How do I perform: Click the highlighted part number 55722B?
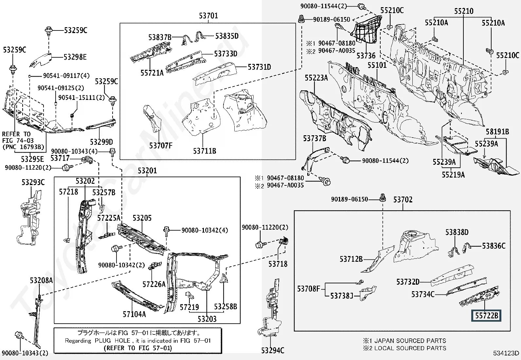coord(486,315)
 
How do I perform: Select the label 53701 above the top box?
coord(208,16)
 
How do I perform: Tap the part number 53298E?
coord(75,57)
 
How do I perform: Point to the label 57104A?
coord(134,314)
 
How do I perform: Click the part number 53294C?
coord(273,351)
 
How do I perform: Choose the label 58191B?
coord(497,132)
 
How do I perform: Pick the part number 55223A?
coord(316,78)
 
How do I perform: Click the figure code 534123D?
coord(506,353)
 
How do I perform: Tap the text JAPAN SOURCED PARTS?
coord(410,341)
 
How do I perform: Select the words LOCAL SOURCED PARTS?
coord(410,348)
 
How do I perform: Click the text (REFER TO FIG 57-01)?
coord(137,348)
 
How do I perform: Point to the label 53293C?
coord(33,182)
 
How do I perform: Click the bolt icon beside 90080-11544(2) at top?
coord(361,6)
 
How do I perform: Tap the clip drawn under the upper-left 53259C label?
coord(13,69)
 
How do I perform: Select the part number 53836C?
coord(494,246)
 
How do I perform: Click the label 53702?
coord(403,199)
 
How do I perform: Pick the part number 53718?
coord(278,264)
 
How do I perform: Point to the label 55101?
coord(377,65)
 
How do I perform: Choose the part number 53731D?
coord(259,67)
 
